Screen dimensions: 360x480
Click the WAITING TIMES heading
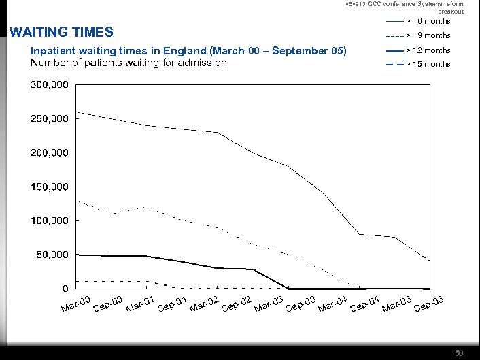point(60,32)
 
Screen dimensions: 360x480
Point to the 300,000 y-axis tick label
point(49,85)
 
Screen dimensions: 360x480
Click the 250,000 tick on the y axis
point(49,119)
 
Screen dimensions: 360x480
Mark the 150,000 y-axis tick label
point(49,187)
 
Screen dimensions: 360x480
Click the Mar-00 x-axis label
point(75,306)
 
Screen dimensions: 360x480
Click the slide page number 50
point(459,353)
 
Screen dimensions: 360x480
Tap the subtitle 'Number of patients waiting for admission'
point(128,63)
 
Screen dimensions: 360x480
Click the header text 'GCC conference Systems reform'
point(415,4)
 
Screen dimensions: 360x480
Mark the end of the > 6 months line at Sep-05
point(430,261)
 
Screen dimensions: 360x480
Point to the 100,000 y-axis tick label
point(49,221)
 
